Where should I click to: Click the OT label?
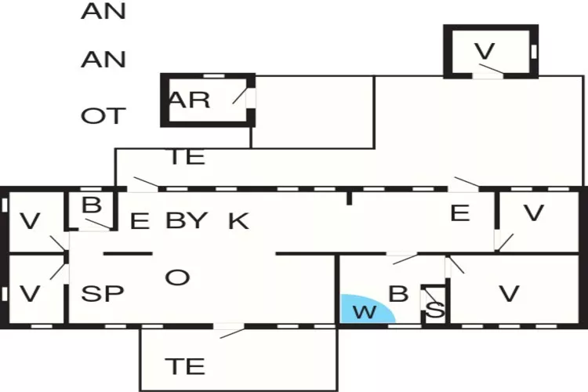tap(102, 116)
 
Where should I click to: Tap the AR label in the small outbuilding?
tap(189, 100)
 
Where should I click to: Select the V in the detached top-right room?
tap(486, 51)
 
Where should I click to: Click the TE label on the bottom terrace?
tap(186, 365)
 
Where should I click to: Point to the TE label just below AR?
tap(187, 157)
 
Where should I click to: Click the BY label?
tap(187, 220)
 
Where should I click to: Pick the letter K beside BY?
tap(238, 221)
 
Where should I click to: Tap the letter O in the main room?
tap(178, 277)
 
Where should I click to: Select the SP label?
tap(103, 294)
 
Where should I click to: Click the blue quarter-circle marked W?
tap(362, 310)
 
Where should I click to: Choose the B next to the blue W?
tap(399, 294)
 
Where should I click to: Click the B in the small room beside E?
tap(93, 205)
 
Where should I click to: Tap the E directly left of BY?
tap(139, 221)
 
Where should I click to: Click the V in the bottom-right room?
tap(510, 294)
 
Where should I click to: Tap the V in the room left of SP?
tap(30, 294)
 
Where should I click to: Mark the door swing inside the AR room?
tap(243, 98)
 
